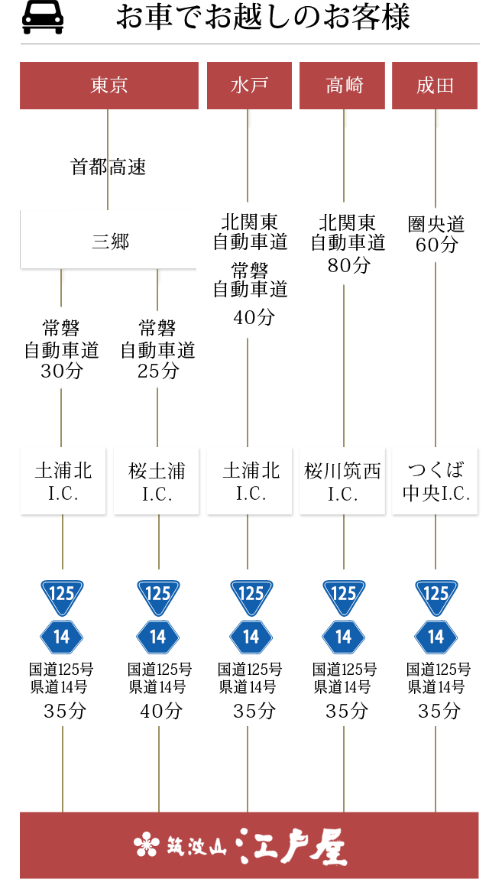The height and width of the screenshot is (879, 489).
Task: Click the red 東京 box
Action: [x=108, y=86]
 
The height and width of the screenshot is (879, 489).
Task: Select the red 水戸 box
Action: [x=249, y=86]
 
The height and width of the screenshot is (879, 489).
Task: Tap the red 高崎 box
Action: [x=344, y=86]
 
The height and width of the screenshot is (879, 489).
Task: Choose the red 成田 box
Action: [x=436, y=86]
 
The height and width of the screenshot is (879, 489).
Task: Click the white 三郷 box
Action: [x=109, y=242]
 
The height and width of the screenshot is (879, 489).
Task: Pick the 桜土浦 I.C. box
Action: [x=157, y=482]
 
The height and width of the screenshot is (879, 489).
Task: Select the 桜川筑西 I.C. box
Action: [x=342, y=482]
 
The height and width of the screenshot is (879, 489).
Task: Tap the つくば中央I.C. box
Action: [x=436, y=482]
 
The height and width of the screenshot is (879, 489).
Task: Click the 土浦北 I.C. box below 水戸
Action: [x=251, y=482]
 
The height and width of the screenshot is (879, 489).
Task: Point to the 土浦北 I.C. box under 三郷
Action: [x=63, y=482]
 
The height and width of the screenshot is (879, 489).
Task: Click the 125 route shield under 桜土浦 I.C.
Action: [x=158, y=597]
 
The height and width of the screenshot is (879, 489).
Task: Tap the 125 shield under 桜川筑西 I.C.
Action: [x=343, y=597]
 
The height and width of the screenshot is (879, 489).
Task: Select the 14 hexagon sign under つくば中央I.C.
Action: [x=436, y=637]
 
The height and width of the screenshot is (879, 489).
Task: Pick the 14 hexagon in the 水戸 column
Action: [x=251, y=637]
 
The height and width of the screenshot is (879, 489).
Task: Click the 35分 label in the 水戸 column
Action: [x=254, y=711]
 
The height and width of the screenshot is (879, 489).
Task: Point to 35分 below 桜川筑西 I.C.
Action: [x=347, y=711]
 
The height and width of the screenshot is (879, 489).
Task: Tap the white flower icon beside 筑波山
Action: [x=145, y=845]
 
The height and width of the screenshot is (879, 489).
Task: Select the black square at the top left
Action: [x=43, y=18]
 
